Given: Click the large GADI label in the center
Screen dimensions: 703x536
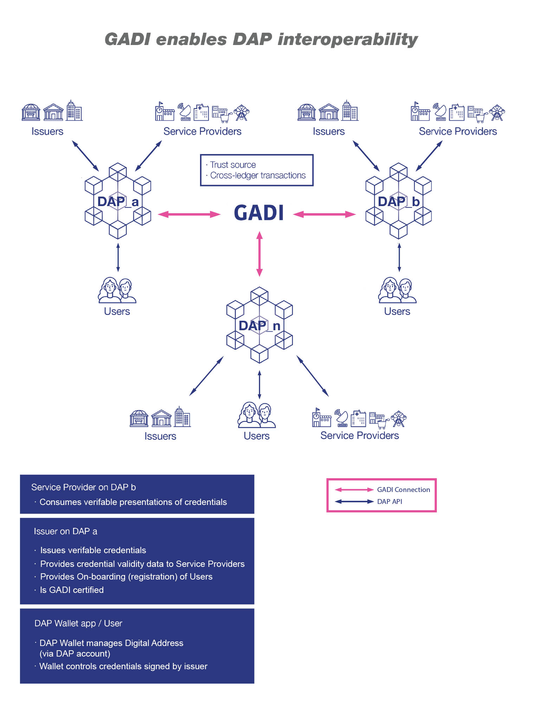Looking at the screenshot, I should point(259,213).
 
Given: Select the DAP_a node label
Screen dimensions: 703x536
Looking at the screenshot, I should point(118,202).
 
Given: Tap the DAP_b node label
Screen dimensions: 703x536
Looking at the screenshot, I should point(399,202).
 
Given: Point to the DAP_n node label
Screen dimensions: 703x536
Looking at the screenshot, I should point(259,326).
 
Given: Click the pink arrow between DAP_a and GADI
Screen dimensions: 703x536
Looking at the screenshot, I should point(189,214).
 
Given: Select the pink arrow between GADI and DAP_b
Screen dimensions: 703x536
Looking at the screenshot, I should point(324,214).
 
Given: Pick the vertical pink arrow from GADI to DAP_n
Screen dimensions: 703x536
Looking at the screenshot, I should point(259,254).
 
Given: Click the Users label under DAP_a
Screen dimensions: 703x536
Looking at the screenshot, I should point(117,312).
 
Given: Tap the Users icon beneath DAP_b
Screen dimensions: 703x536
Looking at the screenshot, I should point(398,290).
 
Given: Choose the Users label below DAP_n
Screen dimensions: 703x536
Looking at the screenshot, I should point(257,436).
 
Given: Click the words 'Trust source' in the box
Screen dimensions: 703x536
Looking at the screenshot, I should point(233,165).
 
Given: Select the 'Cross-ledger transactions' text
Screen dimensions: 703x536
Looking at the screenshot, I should point(258,175).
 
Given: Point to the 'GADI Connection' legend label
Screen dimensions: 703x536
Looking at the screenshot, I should point(403,490).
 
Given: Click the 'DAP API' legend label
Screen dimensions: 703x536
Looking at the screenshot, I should point(389,501).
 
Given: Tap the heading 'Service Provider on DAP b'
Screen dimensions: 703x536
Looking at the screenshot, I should point(83,487).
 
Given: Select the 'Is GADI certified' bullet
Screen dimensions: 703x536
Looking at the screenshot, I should point(72,590).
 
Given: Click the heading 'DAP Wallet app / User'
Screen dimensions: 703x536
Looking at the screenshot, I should point(78,623).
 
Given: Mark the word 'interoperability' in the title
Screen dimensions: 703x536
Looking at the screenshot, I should point(348,39).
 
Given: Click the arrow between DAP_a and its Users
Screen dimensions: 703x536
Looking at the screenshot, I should point(118,257).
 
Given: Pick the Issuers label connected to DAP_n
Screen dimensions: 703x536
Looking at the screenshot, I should point(160,436).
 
